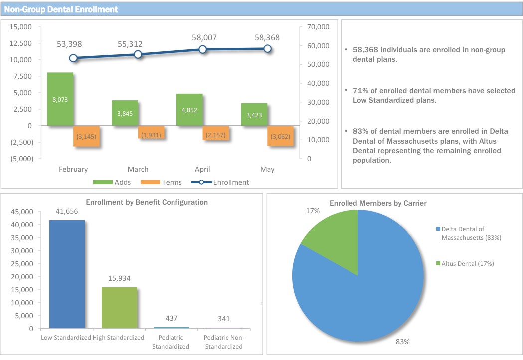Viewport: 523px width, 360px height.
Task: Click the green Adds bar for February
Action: (x=60, y=99)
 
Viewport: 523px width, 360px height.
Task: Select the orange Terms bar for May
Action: (x=280, y=136)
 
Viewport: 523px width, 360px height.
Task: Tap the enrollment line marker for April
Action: (x=202, y=49)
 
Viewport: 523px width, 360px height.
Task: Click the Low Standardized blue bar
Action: (x=66, y=274)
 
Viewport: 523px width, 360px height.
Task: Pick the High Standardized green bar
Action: (x=119, y=308)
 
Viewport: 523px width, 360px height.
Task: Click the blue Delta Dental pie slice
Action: (x=369, y=294)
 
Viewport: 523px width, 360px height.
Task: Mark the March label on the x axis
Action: (x=138, y=169)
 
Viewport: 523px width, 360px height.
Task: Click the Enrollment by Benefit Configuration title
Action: (x=147, y=202)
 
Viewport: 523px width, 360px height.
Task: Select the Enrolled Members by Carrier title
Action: (x=378, y=203)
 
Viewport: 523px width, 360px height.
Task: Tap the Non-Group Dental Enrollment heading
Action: (x=61, y=9)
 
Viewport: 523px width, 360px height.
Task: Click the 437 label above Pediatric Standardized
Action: (x=172, y=318)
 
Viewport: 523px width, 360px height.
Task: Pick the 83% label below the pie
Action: (x=403, y=342)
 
